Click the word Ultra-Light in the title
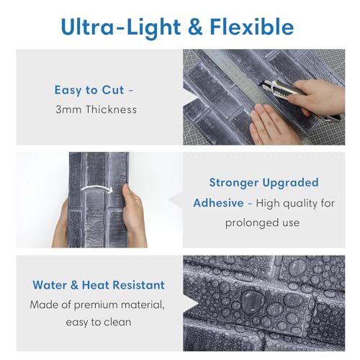point(121,27)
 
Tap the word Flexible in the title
point(252,27)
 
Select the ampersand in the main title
point(196,27)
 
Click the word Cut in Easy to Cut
point(113,90)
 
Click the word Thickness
point(112,109)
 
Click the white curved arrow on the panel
point(96,189)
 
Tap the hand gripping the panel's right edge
point(133,216)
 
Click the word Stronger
point(234,183)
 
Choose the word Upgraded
point(290,184)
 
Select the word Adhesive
point(218,203)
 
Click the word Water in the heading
point(50,285)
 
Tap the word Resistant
point(139,285)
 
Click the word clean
point(117,322)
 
